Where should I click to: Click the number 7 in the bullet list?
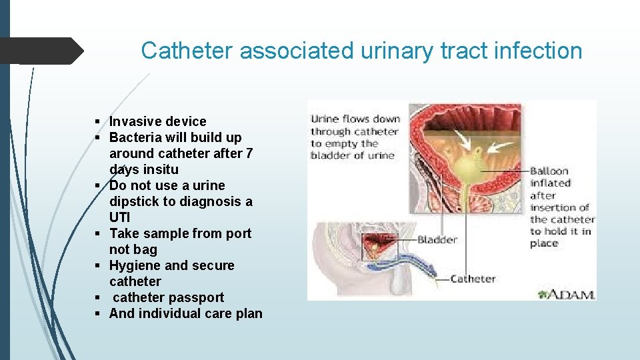[249, 153]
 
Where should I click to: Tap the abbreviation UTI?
[120, 217]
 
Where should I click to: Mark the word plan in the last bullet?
[249, 313]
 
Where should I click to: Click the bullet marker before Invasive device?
[97, 121]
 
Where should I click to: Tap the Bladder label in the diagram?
[437, 239]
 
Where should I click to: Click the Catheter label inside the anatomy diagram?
[473, 278]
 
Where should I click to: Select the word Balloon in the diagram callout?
[549, 171]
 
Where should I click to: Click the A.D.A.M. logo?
[567, 293]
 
